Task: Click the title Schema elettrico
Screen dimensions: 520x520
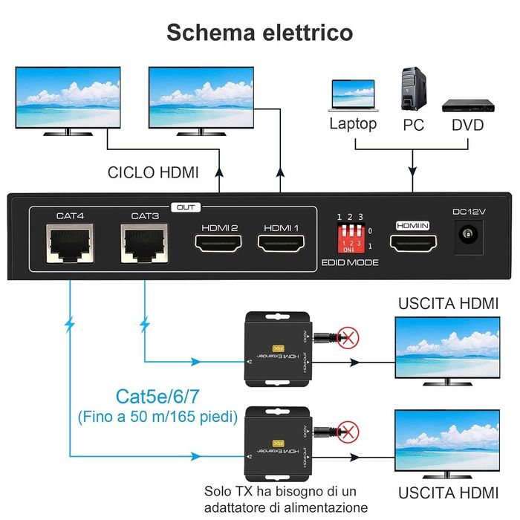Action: pyautogui.click(x=259, y=32)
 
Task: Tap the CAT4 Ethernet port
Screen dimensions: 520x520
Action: pyautogui.click(x=70, y=242)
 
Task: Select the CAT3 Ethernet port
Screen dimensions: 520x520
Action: pyautogui.click(x=145, y=242)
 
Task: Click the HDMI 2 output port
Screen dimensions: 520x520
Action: pyautogui.click(x=219, y=244)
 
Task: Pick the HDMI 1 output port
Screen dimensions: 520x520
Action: pyautogui.click(x=282, y=244)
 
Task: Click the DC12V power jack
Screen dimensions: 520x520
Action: pyautogui.click(x=469, y=237)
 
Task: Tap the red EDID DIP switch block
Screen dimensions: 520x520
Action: pyautogui.click(x=350, y=237)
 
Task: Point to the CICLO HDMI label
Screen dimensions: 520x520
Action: pyautogui.click(x=153, y=173)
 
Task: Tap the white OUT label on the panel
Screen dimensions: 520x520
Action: pyautogui.click(x=186, y=208)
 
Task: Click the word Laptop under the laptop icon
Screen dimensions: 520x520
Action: pyautogui.click(x=353, y=123)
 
